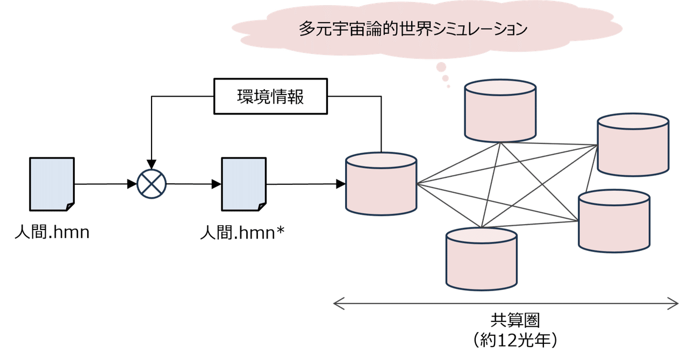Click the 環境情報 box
pyautogui.click(x=271, y=97)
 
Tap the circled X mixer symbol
pyautogui.click(x=152, y=184)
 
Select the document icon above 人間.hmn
pyautogui.click(x=52, y=184)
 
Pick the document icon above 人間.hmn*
pyautogui.click(x=243, y=184)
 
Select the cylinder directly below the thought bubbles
pyautogui.click(x=500, y=111)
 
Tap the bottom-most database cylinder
pyautogui.click(x=482, y=259)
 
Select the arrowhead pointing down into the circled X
pyautogui.click(x=152, y=163)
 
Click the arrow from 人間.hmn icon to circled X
pyautogui.click(x=105, y=184)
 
